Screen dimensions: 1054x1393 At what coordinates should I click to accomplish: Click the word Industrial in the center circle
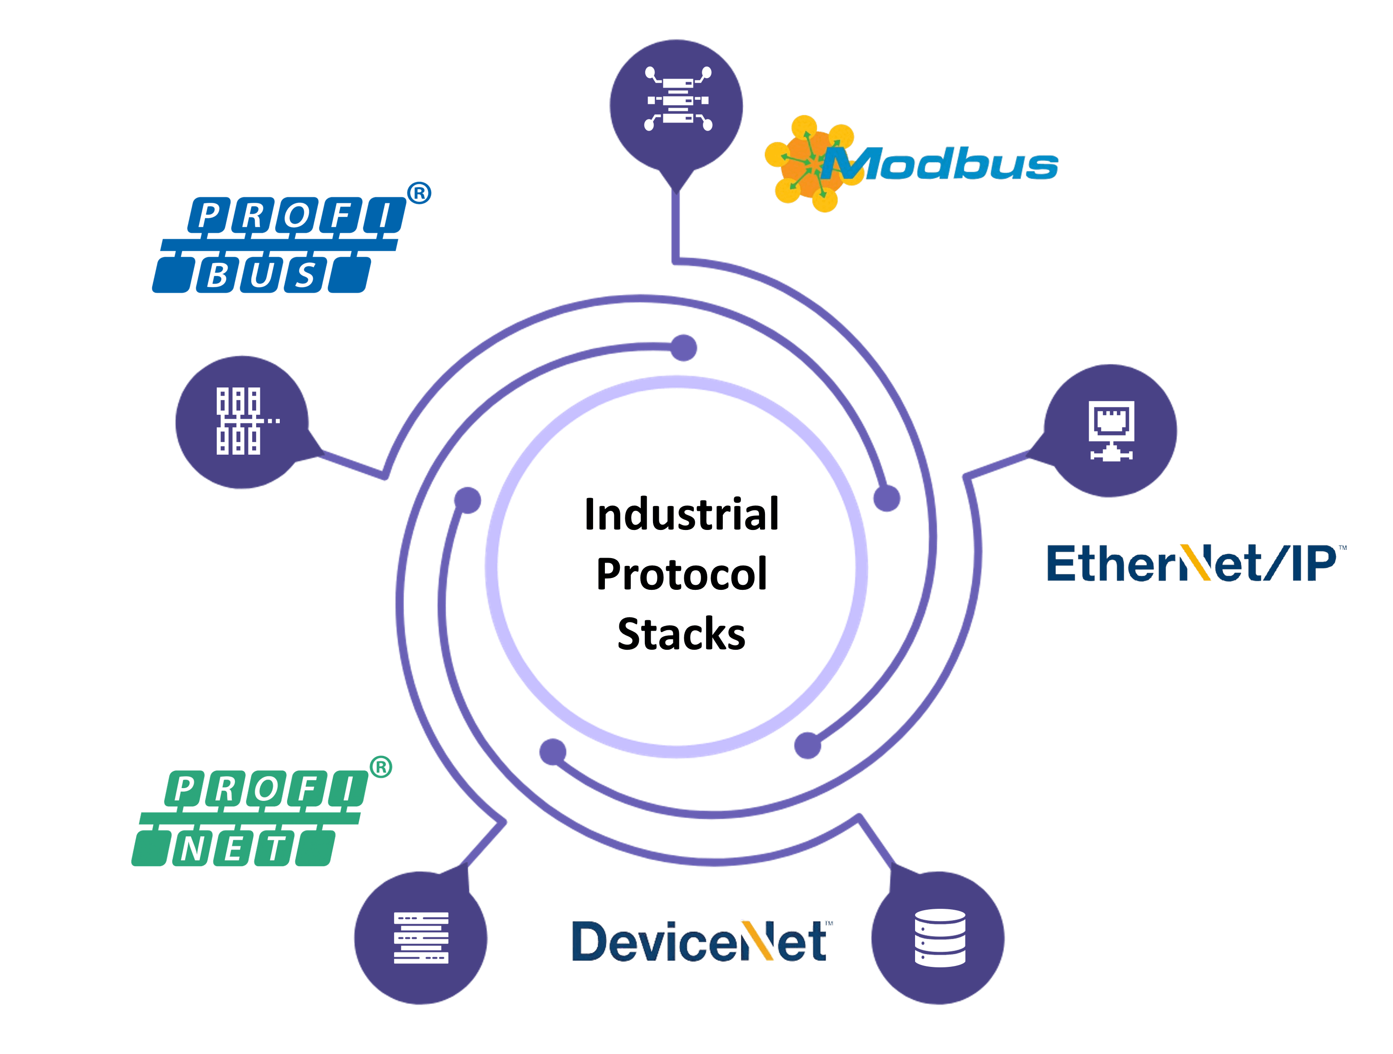[x=682, y=514]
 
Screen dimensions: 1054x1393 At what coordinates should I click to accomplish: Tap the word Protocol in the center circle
[x=682, y=574]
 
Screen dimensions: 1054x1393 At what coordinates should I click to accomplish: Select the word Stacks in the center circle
[x=682, y=634]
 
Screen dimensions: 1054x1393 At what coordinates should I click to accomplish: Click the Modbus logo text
[x=941, y=165]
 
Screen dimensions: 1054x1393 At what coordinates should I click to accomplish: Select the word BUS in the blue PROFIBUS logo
[x=261, y=275]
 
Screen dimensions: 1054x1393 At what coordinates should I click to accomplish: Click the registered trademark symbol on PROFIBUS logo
[x=419, y=193]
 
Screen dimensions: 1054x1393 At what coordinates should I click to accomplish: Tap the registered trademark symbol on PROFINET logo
[x=380, y=767]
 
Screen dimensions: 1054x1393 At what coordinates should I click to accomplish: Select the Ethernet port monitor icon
[x=1111, y=430]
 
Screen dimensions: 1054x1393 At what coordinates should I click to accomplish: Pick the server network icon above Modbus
[x=677, y=99]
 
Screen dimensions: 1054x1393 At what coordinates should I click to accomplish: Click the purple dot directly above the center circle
[x=684, y=348]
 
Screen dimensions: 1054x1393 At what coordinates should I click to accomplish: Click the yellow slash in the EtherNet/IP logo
[x=1195, y=562]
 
